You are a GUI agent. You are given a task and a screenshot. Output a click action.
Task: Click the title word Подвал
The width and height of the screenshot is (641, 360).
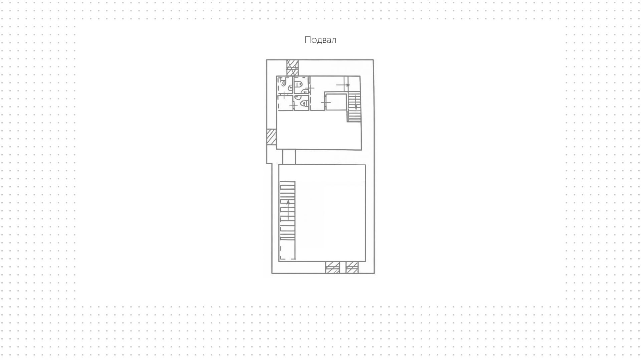click(320, 40)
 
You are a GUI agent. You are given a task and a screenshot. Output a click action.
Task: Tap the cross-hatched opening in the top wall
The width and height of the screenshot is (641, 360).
click(292, 68)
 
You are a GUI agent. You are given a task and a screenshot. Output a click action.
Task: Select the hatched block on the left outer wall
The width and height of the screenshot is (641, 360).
click(271, 137)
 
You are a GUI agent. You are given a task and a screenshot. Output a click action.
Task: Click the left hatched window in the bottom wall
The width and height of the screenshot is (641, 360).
click(332, 268)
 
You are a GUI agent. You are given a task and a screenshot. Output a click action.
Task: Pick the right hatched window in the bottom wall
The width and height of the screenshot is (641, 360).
click(352, 268)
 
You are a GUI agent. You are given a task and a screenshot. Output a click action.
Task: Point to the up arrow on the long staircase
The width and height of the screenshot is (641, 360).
click(288, 203)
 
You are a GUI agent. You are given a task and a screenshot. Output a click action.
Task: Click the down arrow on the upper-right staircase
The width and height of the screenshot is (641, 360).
click(356, 107)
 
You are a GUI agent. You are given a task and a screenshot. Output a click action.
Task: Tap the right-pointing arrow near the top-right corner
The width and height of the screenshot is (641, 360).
click(347, 85)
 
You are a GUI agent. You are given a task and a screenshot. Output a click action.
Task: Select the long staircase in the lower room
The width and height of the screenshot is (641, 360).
click(287, 210)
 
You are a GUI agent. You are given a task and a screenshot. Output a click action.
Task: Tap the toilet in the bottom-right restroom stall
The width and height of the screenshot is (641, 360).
click(304, 104)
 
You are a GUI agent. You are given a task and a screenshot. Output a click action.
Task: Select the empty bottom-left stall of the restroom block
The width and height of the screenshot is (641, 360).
click(285, 103)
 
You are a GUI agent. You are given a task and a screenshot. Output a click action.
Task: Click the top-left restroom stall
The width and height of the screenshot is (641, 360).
click(285, 85)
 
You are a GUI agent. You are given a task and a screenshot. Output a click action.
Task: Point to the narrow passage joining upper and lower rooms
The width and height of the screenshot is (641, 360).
click(289, 157)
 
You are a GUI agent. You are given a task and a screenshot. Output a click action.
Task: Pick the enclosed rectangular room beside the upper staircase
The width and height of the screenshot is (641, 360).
click(336, 102)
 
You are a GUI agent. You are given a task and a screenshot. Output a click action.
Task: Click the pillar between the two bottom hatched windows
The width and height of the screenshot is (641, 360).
click(343, 268)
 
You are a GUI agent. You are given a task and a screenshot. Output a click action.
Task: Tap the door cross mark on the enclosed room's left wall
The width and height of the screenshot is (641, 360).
click(326, 102)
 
